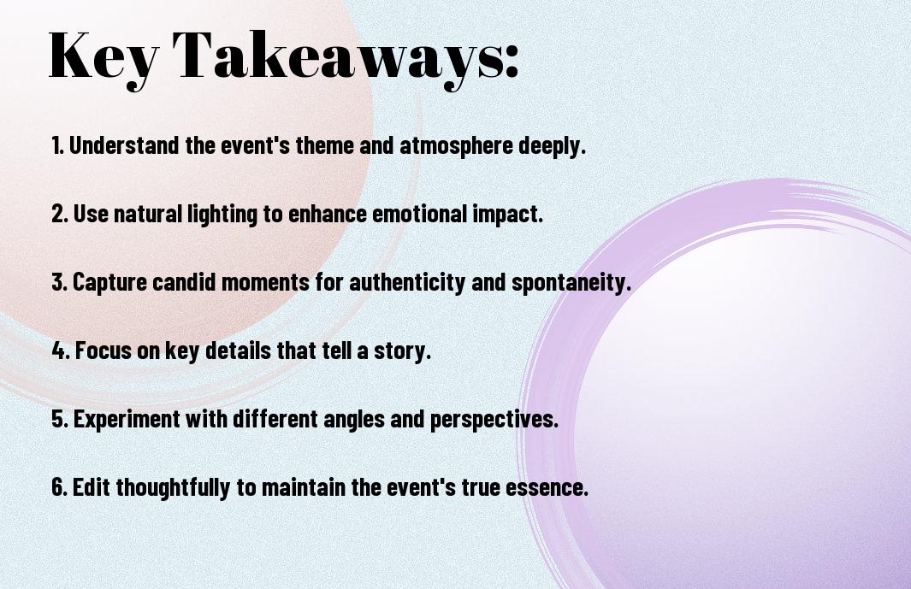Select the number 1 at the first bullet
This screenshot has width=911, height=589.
click(56, 145)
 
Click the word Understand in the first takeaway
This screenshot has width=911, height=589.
click(124, 145)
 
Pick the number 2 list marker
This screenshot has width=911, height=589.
click(59, 214)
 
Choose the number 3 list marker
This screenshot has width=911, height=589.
click(59, 282)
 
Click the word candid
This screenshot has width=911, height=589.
click(184, 282)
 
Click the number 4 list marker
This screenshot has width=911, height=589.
click(61, 350)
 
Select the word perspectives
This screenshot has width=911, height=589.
click(494, 420)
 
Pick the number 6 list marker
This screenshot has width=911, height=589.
click(59, 487)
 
